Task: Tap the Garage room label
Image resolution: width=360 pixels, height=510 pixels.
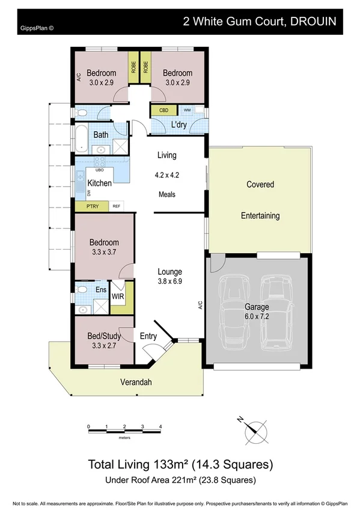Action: [256, 307]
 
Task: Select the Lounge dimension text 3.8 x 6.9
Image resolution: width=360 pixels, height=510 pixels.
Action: [169, 281]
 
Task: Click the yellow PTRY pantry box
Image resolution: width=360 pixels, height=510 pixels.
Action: [92, 206]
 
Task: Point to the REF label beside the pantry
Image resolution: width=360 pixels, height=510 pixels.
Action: [116, 206]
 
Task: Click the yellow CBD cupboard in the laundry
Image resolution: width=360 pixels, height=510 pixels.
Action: [163, 111]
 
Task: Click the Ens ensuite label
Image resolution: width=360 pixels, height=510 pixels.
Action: [101, 290]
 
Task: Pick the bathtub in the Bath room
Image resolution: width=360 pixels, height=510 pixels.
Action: [79, 137]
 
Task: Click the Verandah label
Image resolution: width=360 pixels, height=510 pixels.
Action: [135, 382]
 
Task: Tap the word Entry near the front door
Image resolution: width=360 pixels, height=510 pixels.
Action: [148, 336]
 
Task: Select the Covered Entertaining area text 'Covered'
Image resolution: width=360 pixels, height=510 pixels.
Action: [260, 185]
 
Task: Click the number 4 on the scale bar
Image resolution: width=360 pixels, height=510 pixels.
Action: [160, 426]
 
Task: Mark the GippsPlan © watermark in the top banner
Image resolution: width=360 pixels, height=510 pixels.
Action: [32, 27]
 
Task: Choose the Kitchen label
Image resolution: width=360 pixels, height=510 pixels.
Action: [100, 183]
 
